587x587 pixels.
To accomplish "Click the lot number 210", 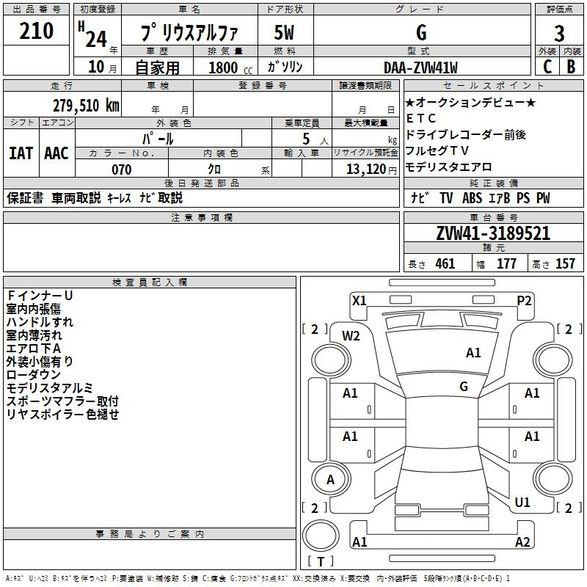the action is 37,32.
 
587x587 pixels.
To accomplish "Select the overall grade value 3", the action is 559,33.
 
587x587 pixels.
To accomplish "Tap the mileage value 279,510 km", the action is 86,104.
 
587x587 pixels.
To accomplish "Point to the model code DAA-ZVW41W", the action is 420,68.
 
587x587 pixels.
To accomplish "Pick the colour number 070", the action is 121,169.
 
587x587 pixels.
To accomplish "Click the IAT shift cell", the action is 20,153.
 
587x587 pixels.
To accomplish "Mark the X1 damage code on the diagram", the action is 360,300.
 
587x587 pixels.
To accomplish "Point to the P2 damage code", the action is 524,300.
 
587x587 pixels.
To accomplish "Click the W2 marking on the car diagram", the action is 351,336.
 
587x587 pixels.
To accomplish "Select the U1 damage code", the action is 522,503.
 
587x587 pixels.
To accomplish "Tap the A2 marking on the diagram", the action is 522,542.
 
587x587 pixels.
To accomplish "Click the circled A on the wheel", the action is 330,480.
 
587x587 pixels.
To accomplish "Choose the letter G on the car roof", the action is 464,387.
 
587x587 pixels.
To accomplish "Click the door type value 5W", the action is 284,33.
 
